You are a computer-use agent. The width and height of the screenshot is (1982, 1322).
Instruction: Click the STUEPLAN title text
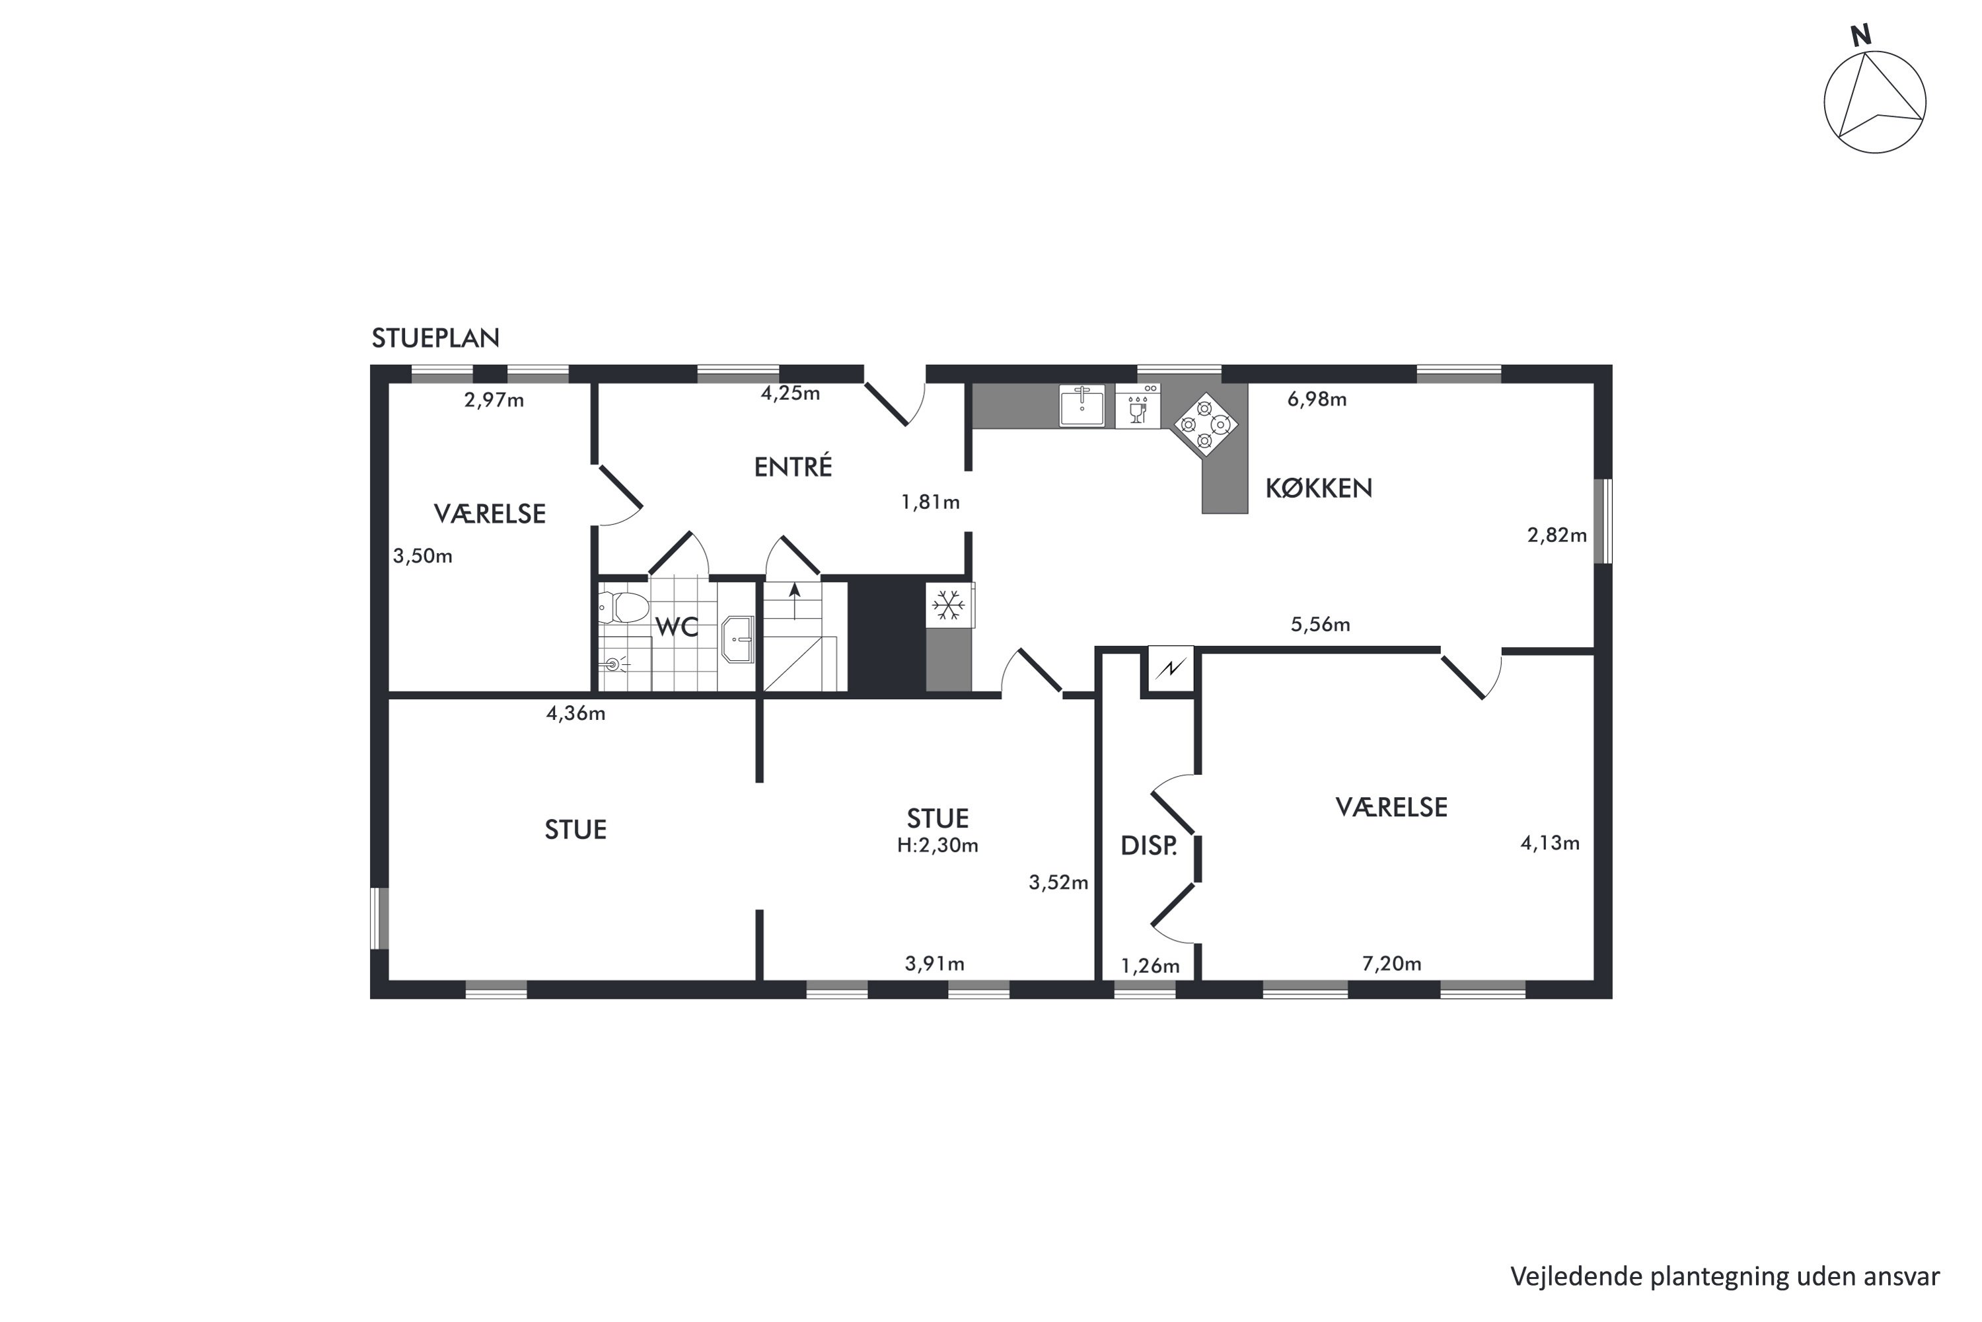tap(435, 338)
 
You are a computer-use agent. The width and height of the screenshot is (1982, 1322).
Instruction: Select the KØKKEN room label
tap(1319, 488)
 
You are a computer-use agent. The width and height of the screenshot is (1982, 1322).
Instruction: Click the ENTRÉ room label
tap(793, 466)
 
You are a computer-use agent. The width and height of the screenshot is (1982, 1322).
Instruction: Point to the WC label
tap(677, 627)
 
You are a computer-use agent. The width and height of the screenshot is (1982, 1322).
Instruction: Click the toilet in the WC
tap(624, 607)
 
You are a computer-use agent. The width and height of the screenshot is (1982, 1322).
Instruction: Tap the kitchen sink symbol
tap(1082, 406)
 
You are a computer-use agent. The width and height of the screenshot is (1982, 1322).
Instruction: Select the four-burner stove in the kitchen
tap(1205, 424)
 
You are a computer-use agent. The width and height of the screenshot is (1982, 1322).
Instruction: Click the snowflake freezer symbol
tap(949, 605)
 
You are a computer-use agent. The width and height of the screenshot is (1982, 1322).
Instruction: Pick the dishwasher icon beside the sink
tap(1138, 407)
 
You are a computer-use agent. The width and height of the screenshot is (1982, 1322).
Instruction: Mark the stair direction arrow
tap(794, 600)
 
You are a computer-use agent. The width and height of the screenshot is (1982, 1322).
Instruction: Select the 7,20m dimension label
tap(1391, 964)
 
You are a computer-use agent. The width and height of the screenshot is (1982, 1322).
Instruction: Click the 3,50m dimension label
tap(422, 557)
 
